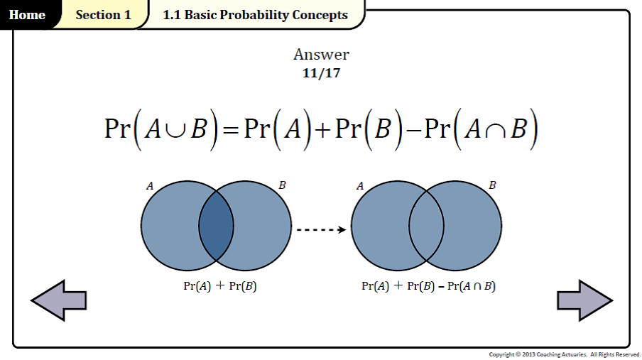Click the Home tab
pyautogui.click(x=27, y=15)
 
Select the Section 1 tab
pyautogui.click(x=103, y=15)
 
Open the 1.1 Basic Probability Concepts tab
pyautogui.click(x=255, y=15)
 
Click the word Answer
pyautogui.click(x=321, y=55)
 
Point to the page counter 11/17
pyautogui.click(x=321, y=72)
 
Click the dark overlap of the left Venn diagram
pyautogui.click(x=216, y=226)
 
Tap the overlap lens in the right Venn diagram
pyautogui.click(x=426, y=226)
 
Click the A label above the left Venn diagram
pyautogui.click(x=150, y=186)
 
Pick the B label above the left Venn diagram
pyautogui.click(x=282, y=185)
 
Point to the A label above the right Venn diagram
pyautogui.click(x=360, y=186)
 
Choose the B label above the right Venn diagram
pyautogui.click(x=492, y=185)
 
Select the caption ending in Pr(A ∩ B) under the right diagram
pyautogui.click(x=428, y=286)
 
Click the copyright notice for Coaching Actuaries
pyautogui.click(x=565, y=354)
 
